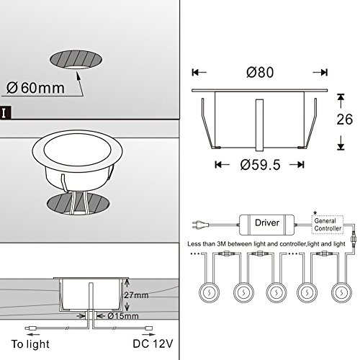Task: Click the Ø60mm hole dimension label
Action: [35, 88]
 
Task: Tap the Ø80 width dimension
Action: [260, 72]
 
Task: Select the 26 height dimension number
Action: [345, 120]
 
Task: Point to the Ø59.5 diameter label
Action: [261, 165]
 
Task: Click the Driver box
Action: [266, 225]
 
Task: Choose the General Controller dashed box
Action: [328, 225]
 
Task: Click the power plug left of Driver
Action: [200, 225]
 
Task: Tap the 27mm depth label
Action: [136, 295]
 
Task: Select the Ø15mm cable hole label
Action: [123, 316]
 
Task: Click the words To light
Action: [30, 344]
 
